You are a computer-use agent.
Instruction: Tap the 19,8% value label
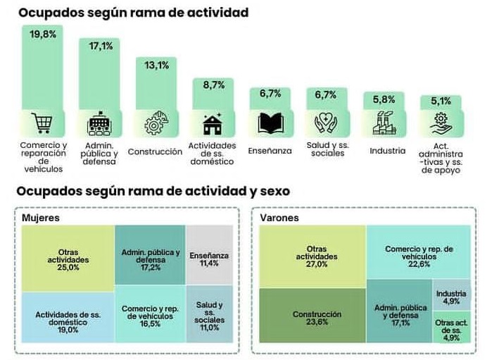click(x=43, y=34)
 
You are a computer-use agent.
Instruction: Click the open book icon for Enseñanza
click(x=270, y=123)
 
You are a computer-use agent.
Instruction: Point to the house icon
click(x=213, y=123)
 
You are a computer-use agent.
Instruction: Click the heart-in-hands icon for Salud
click(x=327, y=123)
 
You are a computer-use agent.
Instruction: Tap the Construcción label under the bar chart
click(x=155, y=151)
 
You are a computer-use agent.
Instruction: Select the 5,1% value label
click(x=441, y=101)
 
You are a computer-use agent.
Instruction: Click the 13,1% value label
click(x=156, y=66)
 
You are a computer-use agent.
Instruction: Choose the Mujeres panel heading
click(x=40, y=218)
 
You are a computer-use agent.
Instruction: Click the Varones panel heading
click(x=279, y=218)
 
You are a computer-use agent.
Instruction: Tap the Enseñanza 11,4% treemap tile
click(x=209, y=259)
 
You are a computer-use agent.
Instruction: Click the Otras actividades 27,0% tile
click(x=312, y=256)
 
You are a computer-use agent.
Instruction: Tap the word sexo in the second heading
click(x=270, y=191)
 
